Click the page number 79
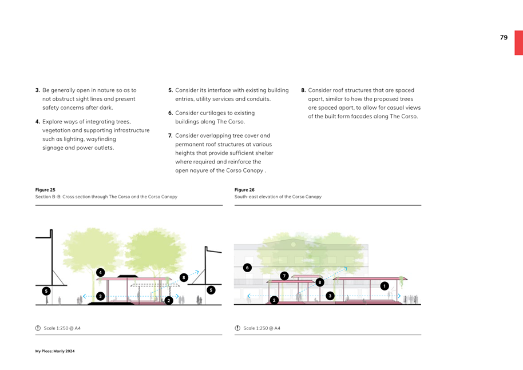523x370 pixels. tap(504, 38)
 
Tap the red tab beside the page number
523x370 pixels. tap(518, 42)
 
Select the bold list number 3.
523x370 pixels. tap(38, 90)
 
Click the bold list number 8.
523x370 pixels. tap(303, 90)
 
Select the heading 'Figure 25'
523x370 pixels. tap(45, 190)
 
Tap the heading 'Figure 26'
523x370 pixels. tap(244, 190)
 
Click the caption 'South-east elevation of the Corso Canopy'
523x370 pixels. tap(278, 197)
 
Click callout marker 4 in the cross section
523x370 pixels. tap(100, 272)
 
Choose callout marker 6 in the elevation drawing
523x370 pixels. tap(247, 268)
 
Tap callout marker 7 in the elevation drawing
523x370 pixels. tap(284, 276)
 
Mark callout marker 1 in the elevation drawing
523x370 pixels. tap(385, 286)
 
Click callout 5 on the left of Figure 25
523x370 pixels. tap(46, 291)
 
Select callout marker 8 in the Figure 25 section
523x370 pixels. tap(183, 277)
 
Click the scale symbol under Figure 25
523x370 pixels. tap(38, 328)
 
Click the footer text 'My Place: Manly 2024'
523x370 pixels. tap(55, 351)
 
